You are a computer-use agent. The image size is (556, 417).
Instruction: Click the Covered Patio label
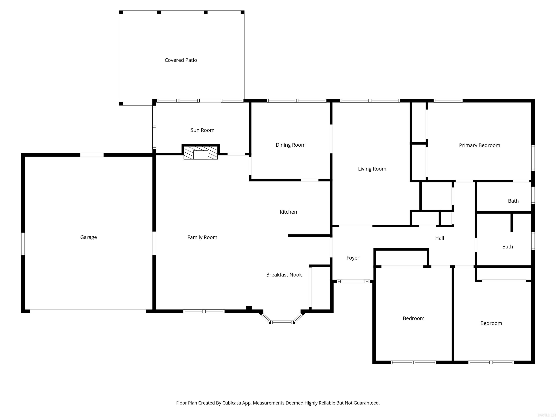tap(181, 60)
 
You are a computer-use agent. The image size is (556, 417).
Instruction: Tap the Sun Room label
tap(202, 130)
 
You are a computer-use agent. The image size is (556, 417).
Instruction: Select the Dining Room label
tap(290, 145)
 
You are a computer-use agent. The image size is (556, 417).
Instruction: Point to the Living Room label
tap(372, 169)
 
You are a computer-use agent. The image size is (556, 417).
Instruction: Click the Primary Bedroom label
tap(479, 145)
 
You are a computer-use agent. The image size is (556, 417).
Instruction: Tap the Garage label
tap(89, 237)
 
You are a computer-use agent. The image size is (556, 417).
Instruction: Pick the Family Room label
tap(202, 237)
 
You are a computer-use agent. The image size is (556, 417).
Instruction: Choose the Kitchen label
tap(288, 212)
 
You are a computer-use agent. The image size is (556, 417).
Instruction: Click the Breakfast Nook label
tap(284, 275)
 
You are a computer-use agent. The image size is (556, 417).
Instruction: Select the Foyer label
tap(353, 258)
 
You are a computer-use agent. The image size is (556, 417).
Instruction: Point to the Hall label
tap(439, 238)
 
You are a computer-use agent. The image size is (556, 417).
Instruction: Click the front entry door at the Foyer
tap(353, 281)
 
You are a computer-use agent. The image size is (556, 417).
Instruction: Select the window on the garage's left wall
tap(23, 244)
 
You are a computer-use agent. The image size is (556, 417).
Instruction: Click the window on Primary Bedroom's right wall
tap(533, 158)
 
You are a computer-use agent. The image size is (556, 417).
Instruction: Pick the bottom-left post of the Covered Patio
tap(121, 104)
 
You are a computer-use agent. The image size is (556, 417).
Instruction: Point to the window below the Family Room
tap(204, 311)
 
